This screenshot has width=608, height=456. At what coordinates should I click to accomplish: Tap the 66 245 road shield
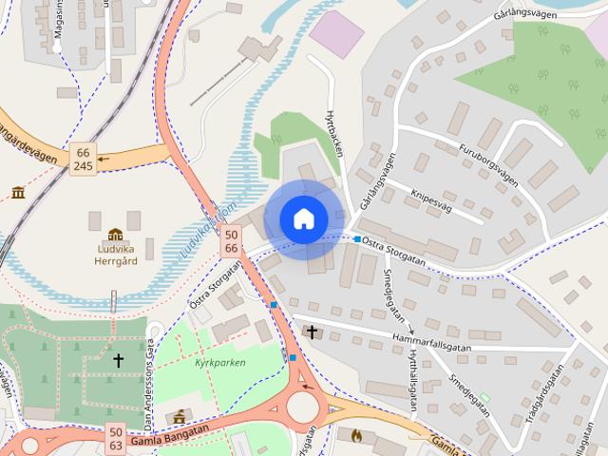tap(84, 159)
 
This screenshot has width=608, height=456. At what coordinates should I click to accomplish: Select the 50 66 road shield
tap(231, 240)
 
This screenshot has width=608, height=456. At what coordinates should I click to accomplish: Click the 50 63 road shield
tap(114, 438)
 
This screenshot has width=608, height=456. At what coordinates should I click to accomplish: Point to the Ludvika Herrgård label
tap(115, 255)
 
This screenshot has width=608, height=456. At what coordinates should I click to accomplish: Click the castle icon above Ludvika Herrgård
tap(115, 235)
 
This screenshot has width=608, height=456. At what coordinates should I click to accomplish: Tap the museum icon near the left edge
tap(18, 193)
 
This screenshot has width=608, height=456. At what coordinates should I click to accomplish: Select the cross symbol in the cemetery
tap(119, 360)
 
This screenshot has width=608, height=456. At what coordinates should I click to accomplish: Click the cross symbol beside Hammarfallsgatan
tap(311, 332)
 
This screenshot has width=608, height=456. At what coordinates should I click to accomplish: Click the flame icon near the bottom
tap(356, 435)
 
